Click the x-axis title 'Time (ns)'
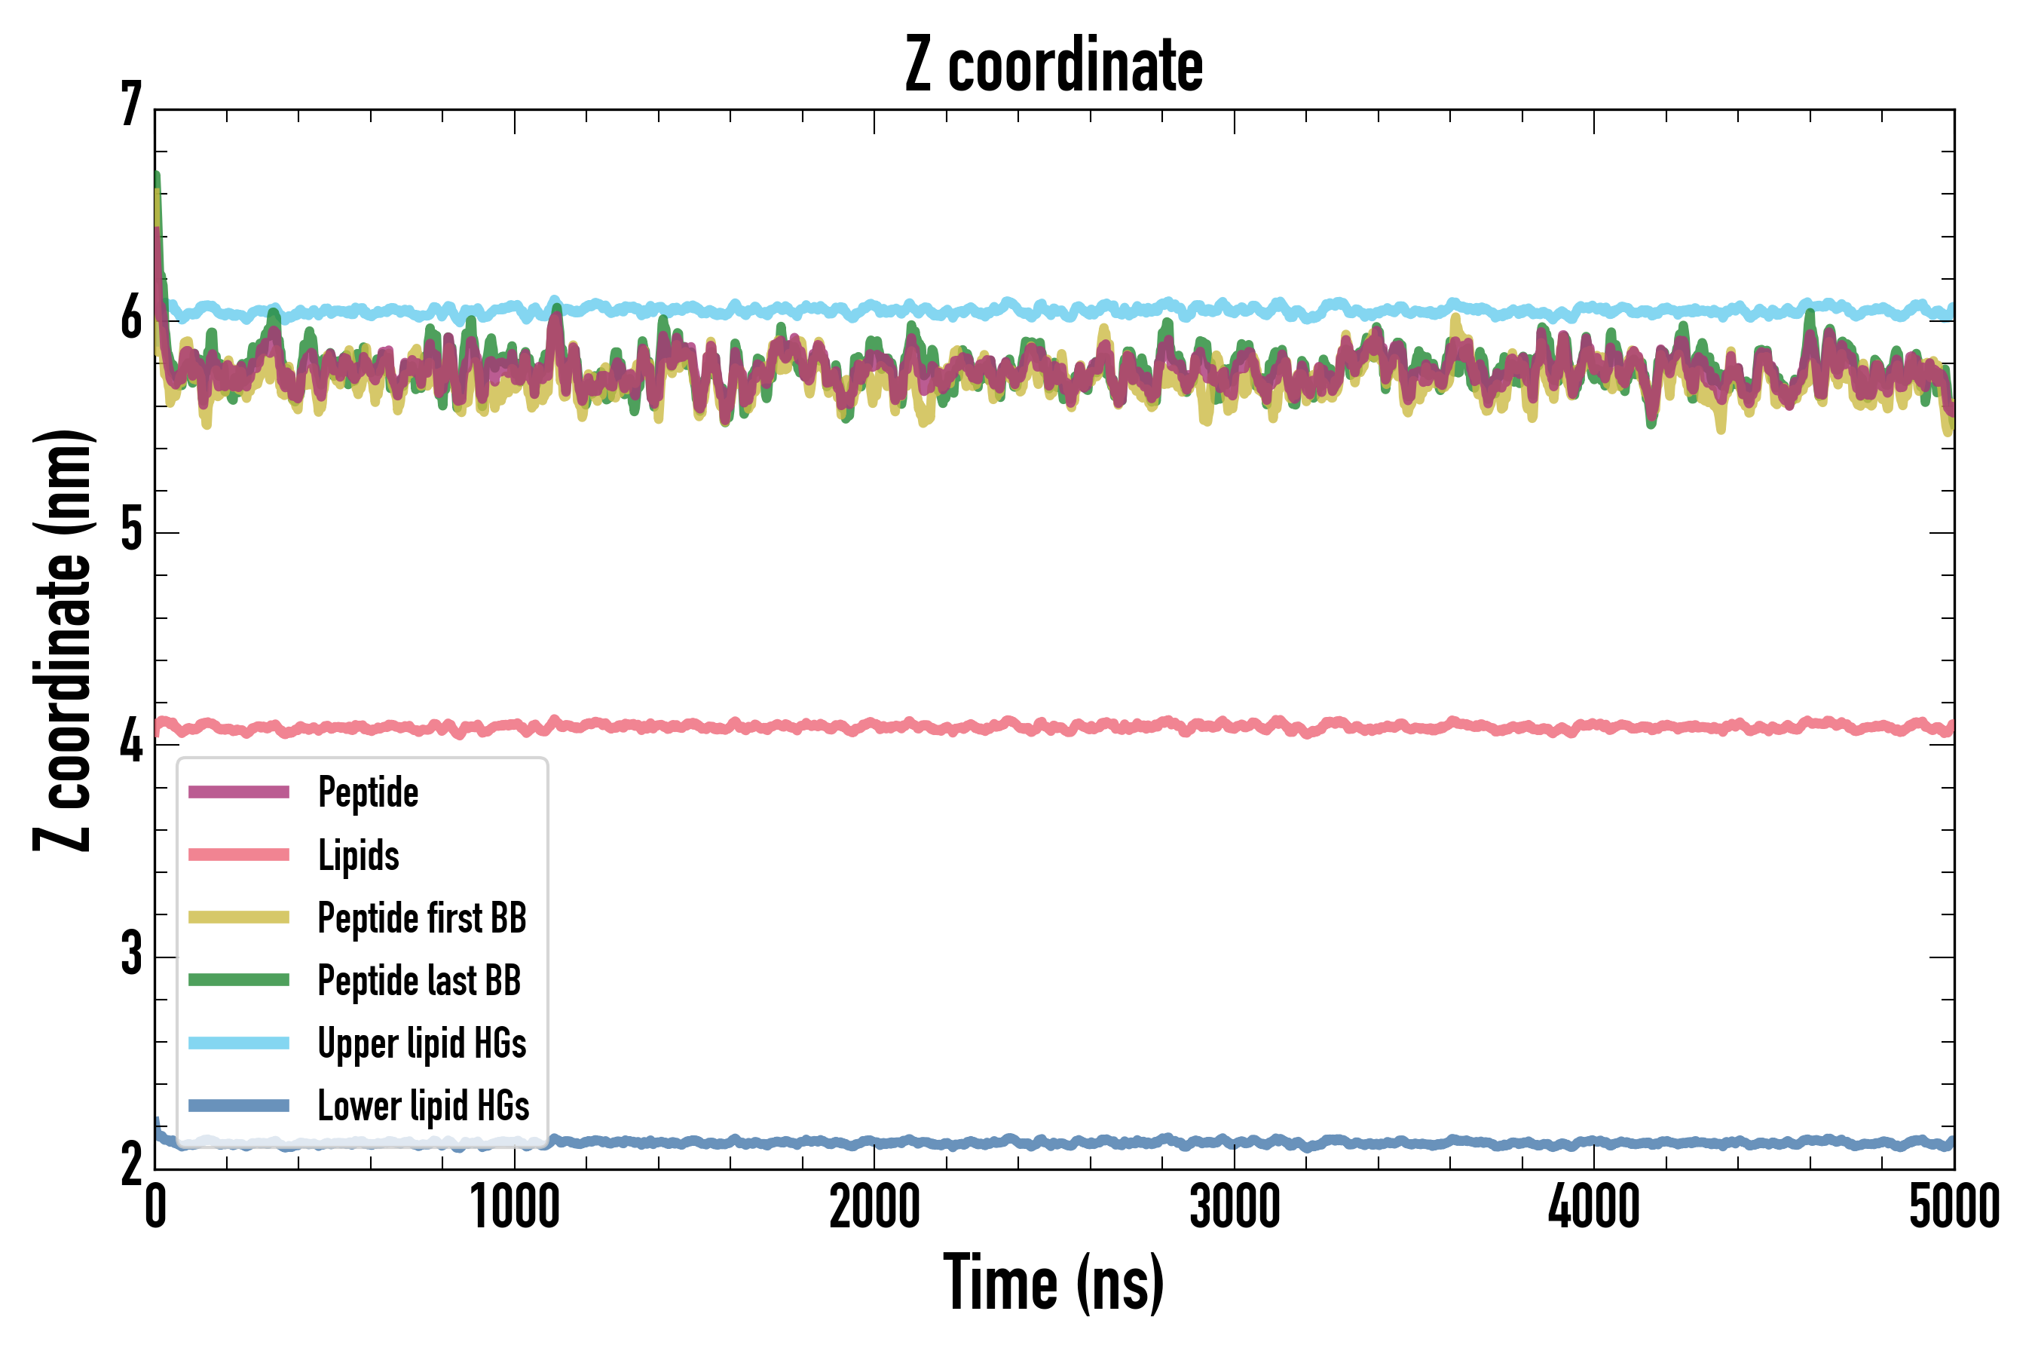pyautogui.click(x=1053, y=1282)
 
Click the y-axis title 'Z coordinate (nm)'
pyautogui.click(x=63, y=640)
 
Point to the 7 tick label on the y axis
pyautogui.click(x=131, y=106)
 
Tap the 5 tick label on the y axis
pyautogui.click(x=131, y=530)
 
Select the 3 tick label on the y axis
pyautogui.click(x=131, y=954)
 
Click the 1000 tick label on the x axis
pyautogui.click(x=515, y=1207)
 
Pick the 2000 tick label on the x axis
pyautogui.click(x=874, y=1207)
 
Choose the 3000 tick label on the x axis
pyautogui.click(x=1234, y=1207)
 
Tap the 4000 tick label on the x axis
pyautogui.click(x=1594, y=1207)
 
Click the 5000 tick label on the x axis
pyautogui.click(x=1954, y=1207)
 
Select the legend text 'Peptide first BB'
pyautogui.click(x=422, y=918)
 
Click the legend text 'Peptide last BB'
pyautogui.click(x=420, y=981)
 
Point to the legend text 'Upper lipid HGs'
pyautogui.click(x=422, y=1043)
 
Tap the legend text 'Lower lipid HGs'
pyautogui.click(x=424, y=1106)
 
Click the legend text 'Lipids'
pyautogui.click(x=359, y=855)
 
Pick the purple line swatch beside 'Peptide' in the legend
pyautogui.click(x=239, y=792)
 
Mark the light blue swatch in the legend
pyautogui.click(x=239, y=1043)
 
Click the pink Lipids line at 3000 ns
pyautogui.click(x=1234, y=725)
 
